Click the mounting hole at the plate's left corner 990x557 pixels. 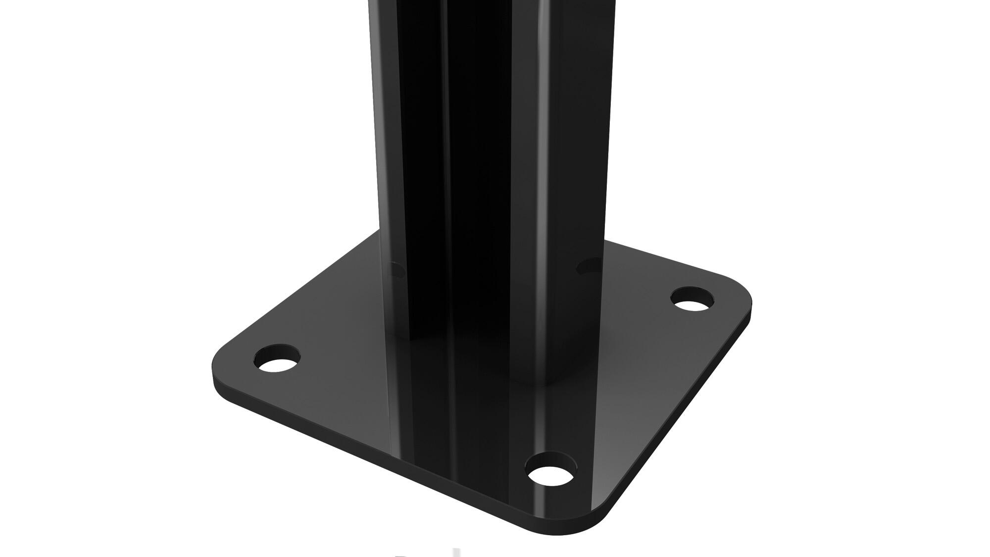point(277,359)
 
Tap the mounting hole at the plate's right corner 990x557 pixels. point(693,299)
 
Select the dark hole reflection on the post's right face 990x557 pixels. point(588,267)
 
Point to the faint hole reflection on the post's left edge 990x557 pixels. point(396,270)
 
